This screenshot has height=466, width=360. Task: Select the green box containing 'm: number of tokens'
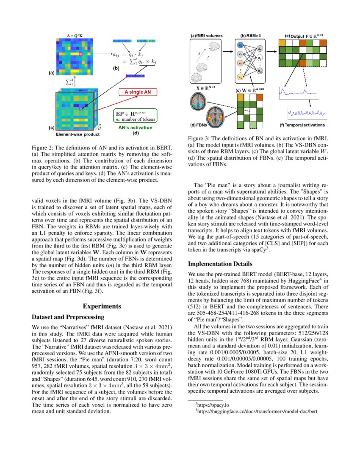coord(135,116)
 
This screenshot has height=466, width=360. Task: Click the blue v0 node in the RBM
coord(241,45)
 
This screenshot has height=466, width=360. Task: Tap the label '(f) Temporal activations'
coord(302,125)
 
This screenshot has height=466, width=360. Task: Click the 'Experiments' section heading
coord(102,306)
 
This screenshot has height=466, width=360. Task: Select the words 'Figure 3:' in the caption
coord(200,139)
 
